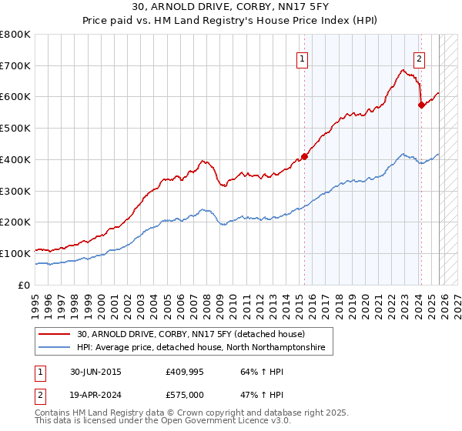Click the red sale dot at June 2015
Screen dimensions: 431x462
click(x=305, y=156)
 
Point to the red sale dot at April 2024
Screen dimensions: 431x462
click(x=421, y=105)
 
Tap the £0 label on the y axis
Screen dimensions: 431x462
click(x=23, y=285)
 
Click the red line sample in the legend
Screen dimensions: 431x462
click(x=55, y=334)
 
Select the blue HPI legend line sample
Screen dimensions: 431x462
click(x=55, y=348)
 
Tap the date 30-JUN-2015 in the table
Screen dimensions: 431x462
click(x=95, y=372)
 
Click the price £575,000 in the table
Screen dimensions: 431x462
click(x=189, y=394)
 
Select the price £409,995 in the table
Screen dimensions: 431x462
click(x=189, y=372)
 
